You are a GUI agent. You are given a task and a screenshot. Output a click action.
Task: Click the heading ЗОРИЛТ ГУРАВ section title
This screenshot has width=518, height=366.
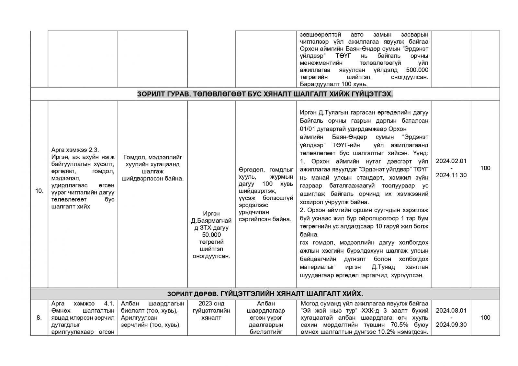pos(265,94)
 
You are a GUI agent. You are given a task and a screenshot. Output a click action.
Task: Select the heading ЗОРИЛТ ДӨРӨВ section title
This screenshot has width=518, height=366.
pos(265,294)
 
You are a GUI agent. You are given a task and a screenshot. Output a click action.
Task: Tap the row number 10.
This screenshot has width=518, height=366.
pos(39,191)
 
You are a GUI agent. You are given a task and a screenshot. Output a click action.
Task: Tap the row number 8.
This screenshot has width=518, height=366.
pos(39,317)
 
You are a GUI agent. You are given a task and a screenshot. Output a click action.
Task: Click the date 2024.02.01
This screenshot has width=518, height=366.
pos(451,161)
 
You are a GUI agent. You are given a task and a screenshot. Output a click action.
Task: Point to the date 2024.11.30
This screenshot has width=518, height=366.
pos(451,175)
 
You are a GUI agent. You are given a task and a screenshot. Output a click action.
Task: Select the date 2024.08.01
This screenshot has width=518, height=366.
pos(451,310)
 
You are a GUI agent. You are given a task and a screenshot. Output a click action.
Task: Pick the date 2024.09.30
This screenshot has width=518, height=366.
pos(451,325)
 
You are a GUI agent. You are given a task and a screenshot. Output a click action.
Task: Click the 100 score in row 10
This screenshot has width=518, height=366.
pos(485,168)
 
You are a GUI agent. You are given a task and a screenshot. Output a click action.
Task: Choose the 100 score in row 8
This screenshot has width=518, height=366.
pos(485,317)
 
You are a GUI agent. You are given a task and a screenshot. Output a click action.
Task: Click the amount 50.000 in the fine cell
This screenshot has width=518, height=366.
pos(211,235)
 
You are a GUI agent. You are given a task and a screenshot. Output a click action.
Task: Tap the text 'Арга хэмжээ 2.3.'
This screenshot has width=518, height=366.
pos(75,150)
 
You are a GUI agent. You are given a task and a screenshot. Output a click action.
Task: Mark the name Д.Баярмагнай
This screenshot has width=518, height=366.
pos(211,221)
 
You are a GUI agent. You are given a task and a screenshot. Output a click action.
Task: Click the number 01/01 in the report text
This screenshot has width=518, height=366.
pos(307,128)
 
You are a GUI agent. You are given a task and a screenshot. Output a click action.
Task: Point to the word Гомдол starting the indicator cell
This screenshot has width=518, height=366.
pos(133,157)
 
